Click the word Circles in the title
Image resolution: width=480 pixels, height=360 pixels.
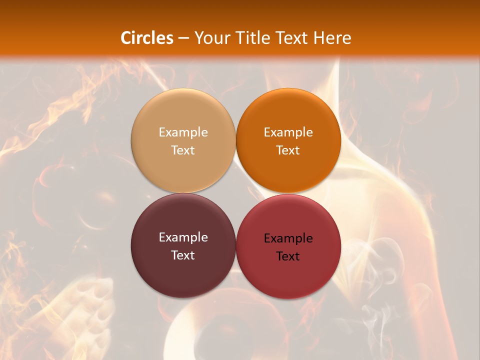click(x=147, y=38)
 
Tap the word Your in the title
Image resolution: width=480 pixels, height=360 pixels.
click(x=211, y=38)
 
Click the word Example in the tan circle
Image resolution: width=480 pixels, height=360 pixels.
click(x=183, y=132)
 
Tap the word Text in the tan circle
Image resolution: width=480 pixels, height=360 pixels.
click(x=183, y=150)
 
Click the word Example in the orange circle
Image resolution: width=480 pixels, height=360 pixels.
click(x=288, y=132)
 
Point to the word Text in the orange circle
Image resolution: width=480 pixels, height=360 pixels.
click(x=288, y=150)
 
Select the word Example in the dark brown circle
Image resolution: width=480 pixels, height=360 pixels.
click(x=183, y=237)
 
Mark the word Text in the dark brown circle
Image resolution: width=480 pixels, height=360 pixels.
click(x=183, y=255)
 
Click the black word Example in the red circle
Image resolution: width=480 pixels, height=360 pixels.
click(x=288, y=238)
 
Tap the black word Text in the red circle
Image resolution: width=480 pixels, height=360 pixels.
click(x=288, y=256)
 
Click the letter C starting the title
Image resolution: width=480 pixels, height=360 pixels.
click(x=126, y=38)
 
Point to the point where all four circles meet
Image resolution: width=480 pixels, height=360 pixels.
click(x=235, y=193)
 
